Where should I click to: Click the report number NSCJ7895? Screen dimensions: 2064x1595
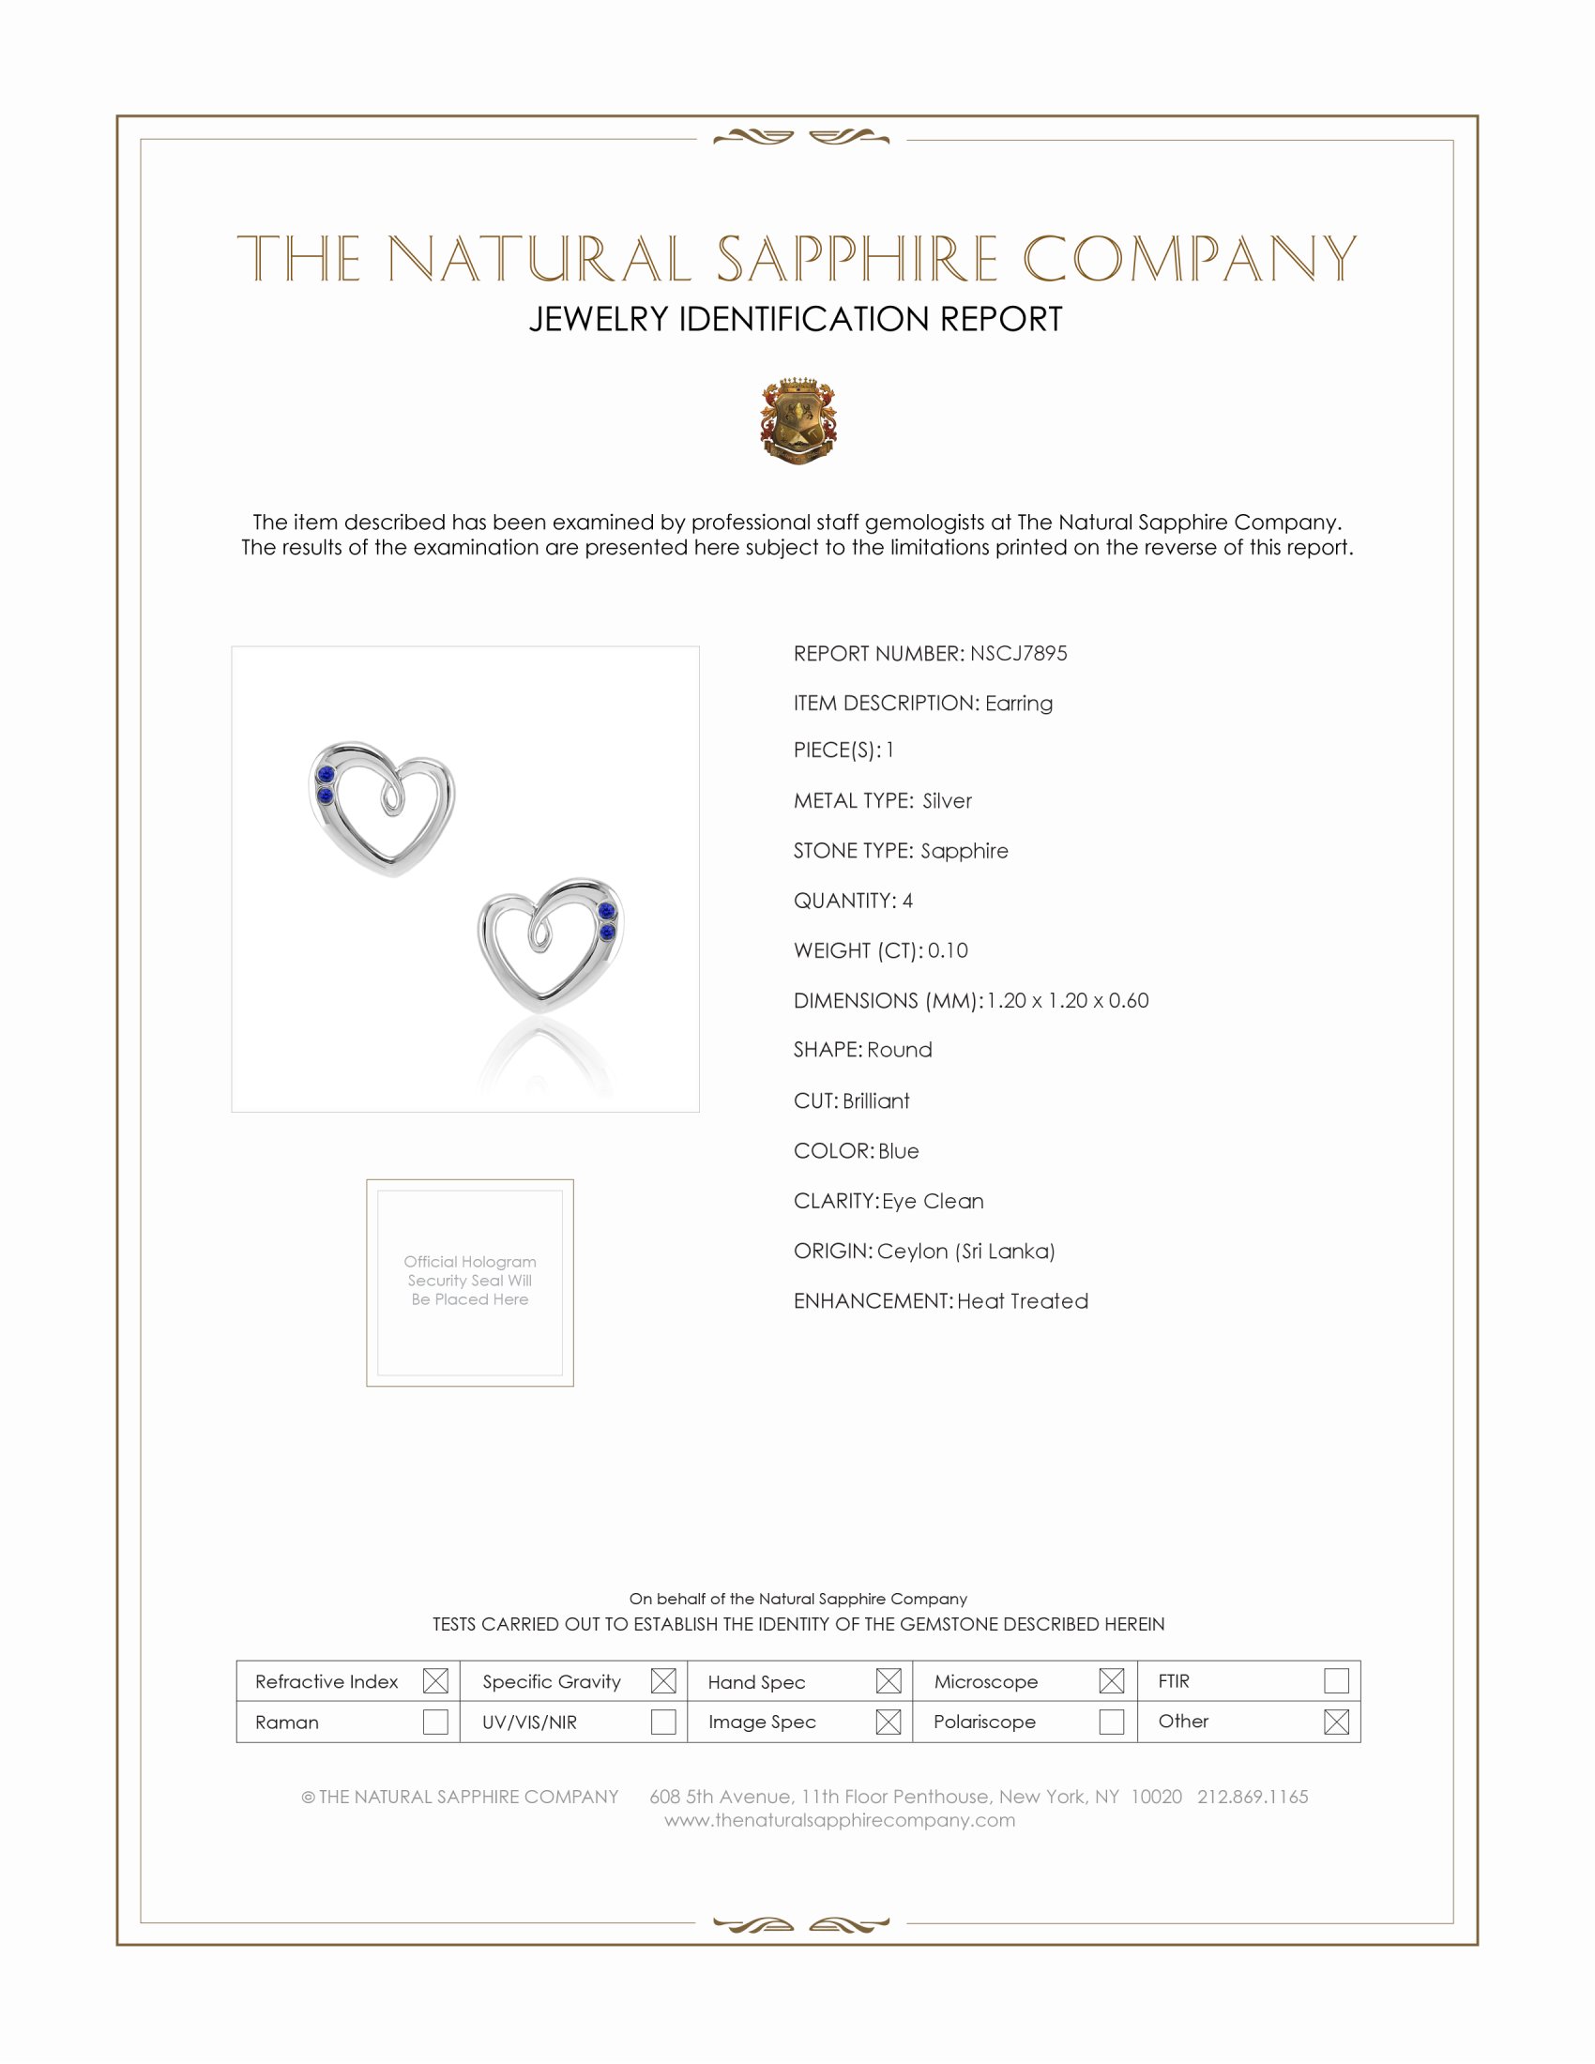tap(1018, 654)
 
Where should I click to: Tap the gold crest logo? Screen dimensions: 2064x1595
tap(798, 421)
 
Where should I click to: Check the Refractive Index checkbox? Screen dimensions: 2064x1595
tap(435, 1681)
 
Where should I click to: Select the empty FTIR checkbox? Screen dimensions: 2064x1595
tap(1336, 1681)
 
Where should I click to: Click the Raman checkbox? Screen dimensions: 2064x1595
tap(435, 1722)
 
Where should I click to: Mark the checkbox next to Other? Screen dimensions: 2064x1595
tap(1336, 1722)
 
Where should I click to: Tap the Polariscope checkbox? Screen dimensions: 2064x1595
tap(1111, 1722)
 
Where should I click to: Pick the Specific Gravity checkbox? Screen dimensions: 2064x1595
tap(663, 1681)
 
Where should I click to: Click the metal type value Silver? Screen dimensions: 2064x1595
tap(947, 801)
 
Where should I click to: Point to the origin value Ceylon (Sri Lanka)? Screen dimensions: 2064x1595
tap(965, 1252)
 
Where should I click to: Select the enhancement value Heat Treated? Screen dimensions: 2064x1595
tap(1023, 1301)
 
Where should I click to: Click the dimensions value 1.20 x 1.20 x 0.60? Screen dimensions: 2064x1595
tap(1068, 1001)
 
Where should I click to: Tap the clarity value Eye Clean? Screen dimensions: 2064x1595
tap(933, 1201)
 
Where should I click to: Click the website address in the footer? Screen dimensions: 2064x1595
tap(839, 1821)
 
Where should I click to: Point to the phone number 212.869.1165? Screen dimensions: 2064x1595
tap(1252, 1798)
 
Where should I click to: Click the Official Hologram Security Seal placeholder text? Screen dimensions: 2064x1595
tap(470, 1281)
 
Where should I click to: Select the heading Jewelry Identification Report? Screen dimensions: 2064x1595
tap(796, 319)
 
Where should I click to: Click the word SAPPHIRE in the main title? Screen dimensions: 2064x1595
tap(856, 259)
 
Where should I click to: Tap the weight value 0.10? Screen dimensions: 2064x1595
tap(948, 950)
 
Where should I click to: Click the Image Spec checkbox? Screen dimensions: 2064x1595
tap(889, 1722)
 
